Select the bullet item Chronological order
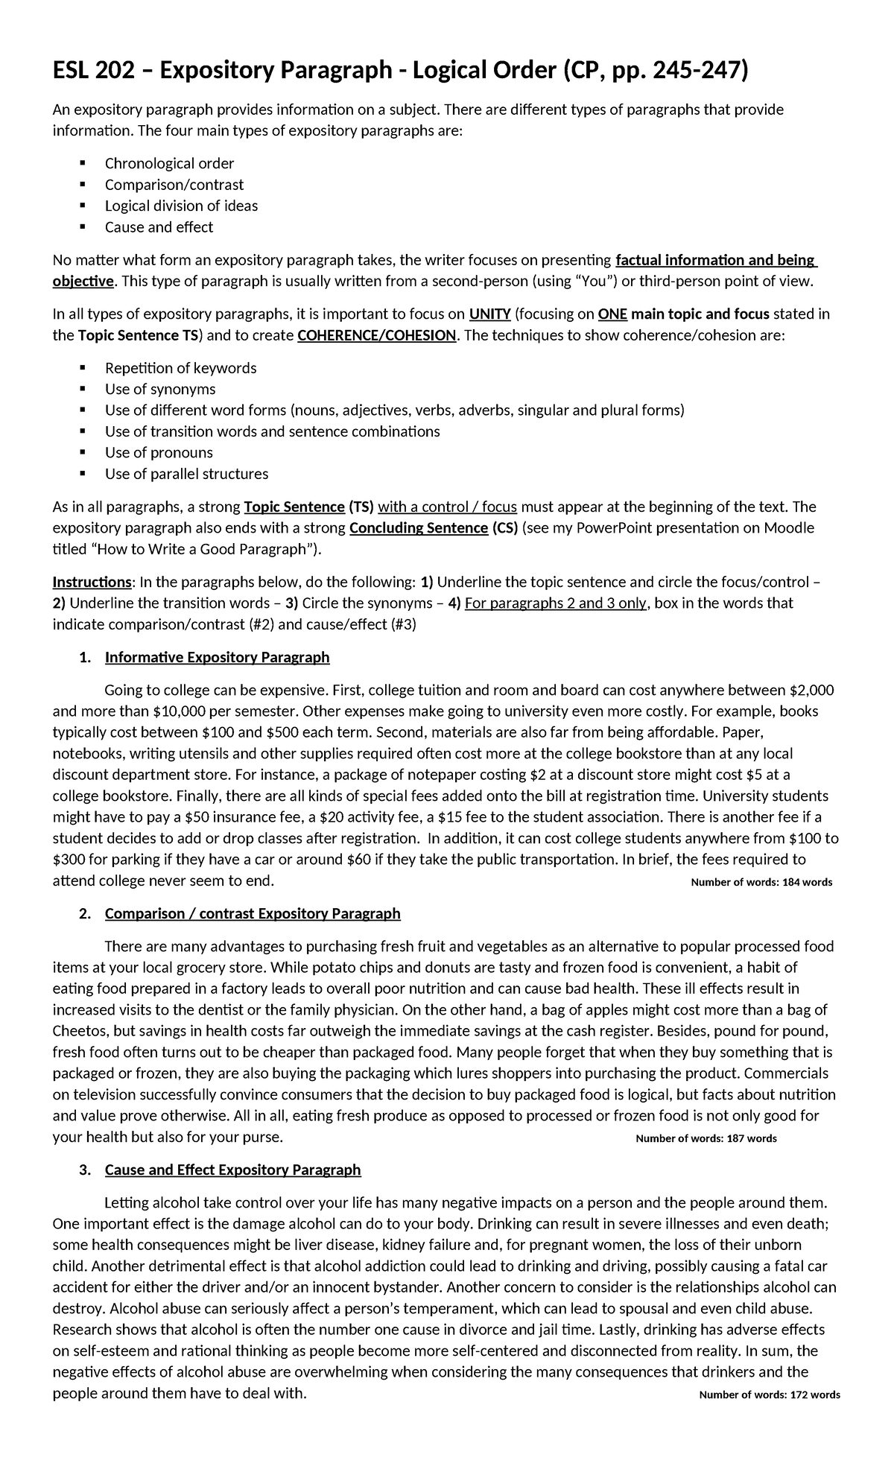pyautogui.click(x=169, y=163)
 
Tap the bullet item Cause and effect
pyautogui.click(x=159, y=227)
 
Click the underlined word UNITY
pyautogui.click(x=489, y=314)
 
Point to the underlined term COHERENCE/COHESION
pyautogui.click(x=376, y=335)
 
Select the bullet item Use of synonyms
pyautogui.click(x=160, y=389)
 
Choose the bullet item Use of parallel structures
pyautogui.click(x=186, y=474)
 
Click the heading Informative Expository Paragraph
pyautogui.click(x=217, y=657)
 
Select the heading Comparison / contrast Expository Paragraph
pyautogui.click(x=253, y=913)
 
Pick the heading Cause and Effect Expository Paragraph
pyautogui.click(x=232, y=1170)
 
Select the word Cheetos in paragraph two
pyautogui.click(x=78, y=1032)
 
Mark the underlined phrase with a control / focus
pyautogui.click(x=447, y=507)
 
